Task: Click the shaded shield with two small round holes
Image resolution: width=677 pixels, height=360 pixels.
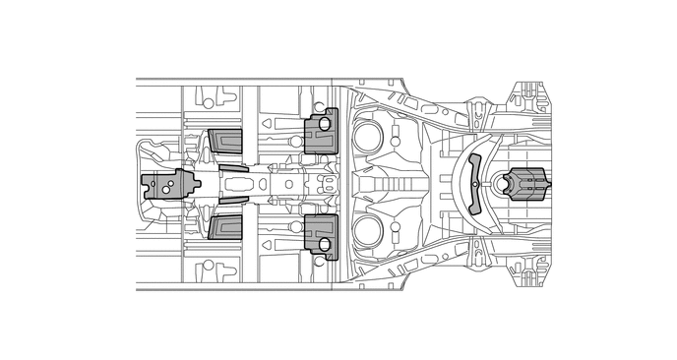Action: pyautogui.click(x=168, y=185)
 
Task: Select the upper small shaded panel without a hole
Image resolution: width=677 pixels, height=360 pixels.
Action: pyautogui.click(x=225, y=142)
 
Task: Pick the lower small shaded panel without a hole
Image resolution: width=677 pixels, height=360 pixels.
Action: pyautogui.click(x=225, y=228)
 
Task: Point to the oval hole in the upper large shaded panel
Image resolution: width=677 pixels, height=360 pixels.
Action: pyautogui.click(x=325, y=125)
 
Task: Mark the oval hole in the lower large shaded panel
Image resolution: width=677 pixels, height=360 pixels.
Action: pyautogui.click(x=325, y=245)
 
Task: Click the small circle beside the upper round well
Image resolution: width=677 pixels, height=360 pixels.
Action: pyautogui.click(x=395, y=142)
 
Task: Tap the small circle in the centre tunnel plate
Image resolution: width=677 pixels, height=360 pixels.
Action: pyautogui.click(x=288, y=183)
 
